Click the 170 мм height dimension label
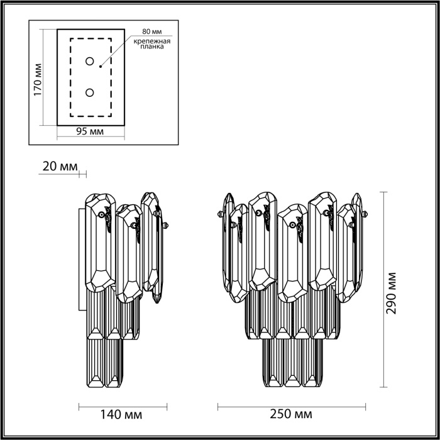tap(38, 79)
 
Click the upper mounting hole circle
tap(90, 62)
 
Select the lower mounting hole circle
tap(90, 93)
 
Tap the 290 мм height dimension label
tap(393, 293)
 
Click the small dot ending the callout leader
tap(101, 63)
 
